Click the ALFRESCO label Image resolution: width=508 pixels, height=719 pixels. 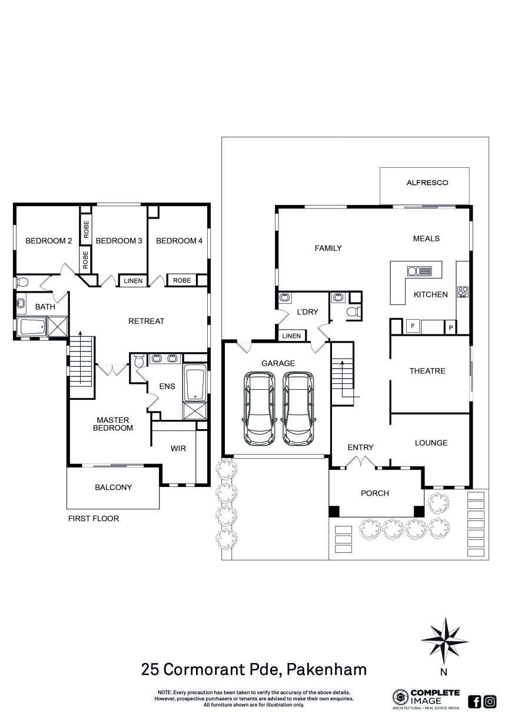point(427,183)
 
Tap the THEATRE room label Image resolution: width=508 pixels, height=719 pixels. point(427,371)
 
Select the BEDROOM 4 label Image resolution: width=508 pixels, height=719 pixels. point(179,241)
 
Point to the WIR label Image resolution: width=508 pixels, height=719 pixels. point(178,448)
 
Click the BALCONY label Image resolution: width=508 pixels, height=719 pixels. point(113,487)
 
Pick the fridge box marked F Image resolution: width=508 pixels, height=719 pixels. point(413,326)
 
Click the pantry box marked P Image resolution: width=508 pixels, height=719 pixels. point(450,328)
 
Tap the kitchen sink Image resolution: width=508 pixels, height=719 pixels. point(419,271)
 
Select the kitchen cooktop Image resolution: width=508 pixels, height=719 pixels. point(463,291)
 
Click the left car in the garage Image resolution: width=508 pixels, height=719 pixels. point(259,409)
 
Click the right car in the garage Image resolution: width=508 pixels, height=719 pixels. point(298,409)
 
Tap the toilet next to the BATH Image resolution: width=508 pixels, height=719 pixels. point(22,283)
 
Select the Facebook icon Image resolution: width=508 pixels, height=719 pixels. point(474,701)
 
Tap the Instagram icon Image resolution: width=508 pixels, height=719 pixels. point(490,701)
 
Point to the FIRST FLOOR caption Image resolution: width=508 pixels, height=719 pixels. point(94,518)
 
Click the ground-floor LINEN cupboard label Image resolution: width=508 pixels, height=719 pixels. point(291,336)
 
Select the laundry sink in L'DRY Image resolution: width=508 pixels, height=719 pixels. point(285,297)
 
